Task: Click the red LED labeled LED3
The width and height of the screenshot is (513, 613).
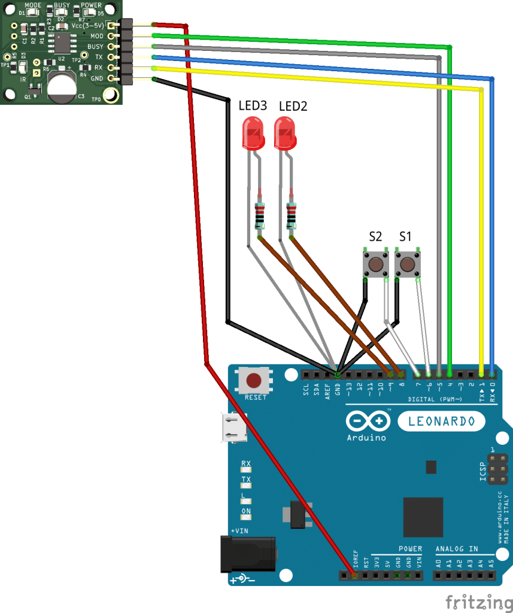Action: pos(253,134)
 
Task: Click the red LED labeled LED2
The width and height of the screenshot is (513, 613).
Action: pos(285,134)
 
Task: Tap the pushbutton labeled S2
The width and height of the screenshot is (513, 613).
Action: pos(376,264)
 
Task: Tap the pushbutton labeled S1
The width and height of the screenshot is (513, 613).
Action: pos(406,264)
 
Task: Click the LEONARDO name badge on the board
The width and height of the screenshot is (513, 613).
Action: pos(441,421)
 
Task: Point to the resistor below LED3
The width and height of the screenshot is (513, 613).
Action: pos(260,216)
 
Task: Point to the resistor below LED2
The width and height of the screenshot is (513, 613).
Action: pos(292,216)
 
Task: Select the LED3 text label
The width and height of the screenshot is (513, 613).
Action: pos(253,106)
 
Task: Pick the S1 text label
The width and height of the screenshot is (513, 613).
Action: pos(405,236)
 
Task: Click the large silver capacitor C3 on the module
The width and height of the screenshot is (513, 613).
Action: pos(62,87)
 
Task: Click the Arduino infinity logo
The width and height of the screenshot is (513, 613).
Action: pos(367,422)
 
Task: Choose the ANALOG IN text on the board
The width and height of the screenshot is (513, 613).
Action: pos(456,548)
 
